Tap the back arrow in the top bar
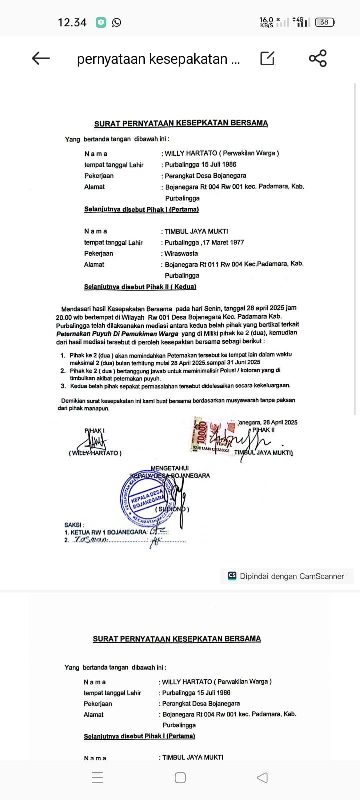pyautogui.click(x=41, y=58)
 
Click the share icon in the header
pyautogui.click(x=318, y=58)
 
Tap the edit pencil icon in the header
pyautogui.click(x=267, y=58)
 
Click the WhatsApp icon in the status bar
pyautogui.click(x=116, y=22)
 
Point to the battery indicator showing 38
pyautogui.click(x=325, y=22)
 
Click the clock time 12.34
pyautogui.click(x=72, y=22)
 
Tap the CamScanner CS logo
pyautogui.click(x=232, y=576)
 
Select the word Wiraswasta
pyautogui.click(x=181, y=253)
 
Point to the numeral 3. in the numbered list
pyautogui.click(x=63, y=386)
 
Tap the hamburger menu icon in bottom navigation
pyautogui.click(x=97, y=778)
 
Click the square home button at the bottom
pyautogui.click(x=180, y=778)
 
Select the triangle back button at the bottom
pyautogui.click(x=262, y=778)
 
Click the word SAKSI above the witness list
pyautogui.click(x=74, y=525)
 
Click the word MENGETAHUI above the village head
pyautogui.click(x=170, y=468)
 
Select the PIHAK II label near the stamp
pyautogui.click(x=263, y=430)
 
